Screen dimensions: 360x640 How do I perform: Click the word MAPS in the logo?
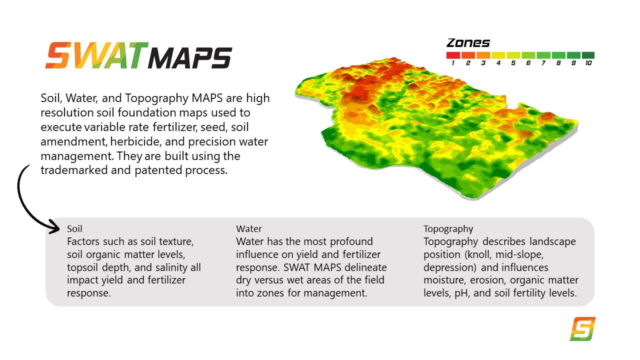click(x=190, y=58)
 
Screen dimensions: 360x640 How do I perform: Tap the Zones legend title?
click(x=468, y=43)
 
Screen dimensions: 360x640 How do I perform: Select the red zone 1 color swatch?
click(x=453, y=55)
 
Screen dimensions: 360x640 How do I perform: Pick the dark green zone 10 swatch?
click(x=588, y=55)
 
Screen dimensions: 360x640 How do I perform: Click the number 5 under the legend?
click(x=513, y=63)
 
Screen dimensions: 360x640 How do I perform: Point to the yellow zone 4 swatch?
click(x=498, y=55)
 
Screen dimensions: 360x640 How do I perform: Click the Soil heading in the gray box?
click(x=74, y=228)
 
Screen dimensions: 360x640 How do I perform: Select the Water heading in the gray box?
click(x=248, y=228)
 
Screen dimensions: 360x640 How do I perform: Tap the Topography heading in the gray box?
click(x=448, y=228)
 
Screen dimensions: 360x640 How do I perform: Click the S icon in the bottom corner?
click(x=582, y=329)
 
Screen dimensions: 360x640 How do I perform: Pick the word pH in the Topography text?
click(x=461, y=293)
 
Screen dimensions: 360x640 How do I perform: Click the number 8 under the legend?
click(x=558, y=63)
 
